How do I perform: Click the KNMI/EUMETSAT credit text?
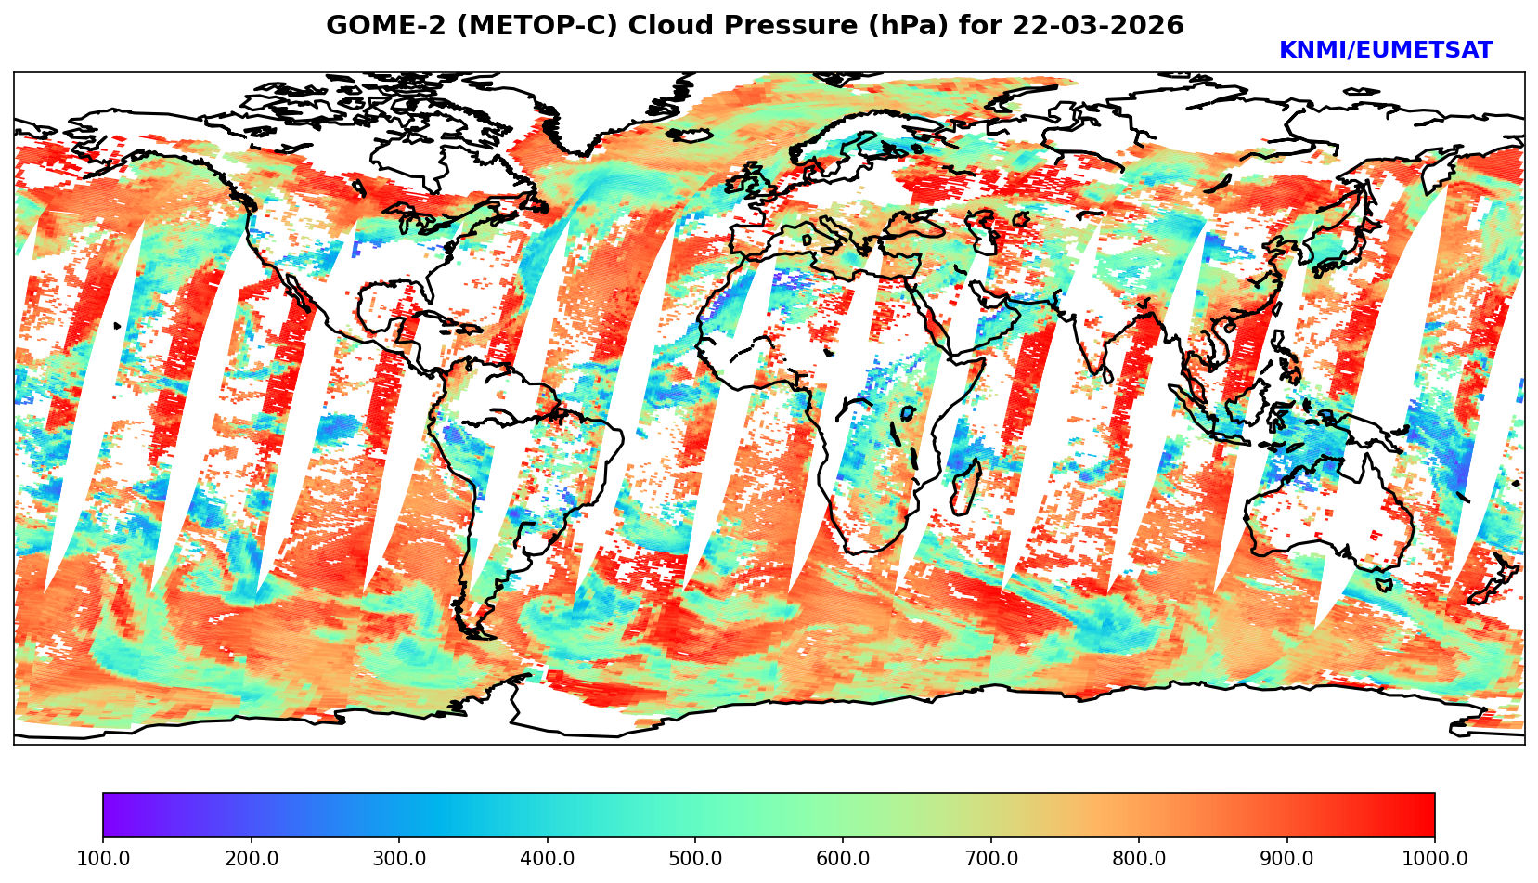pyautogui.click(x=1385, y=51)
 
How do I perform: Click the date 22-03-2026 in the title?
pyautogui.click(x=1098, y=26)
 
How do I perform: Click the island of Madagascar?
pyautogui.click(x=965, y=487)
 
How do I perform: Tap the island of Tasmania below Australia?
pyautogui.click(x=1384, y=585)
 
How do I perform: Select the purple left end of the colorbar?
pyautogui.click(x=110, y=815)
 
